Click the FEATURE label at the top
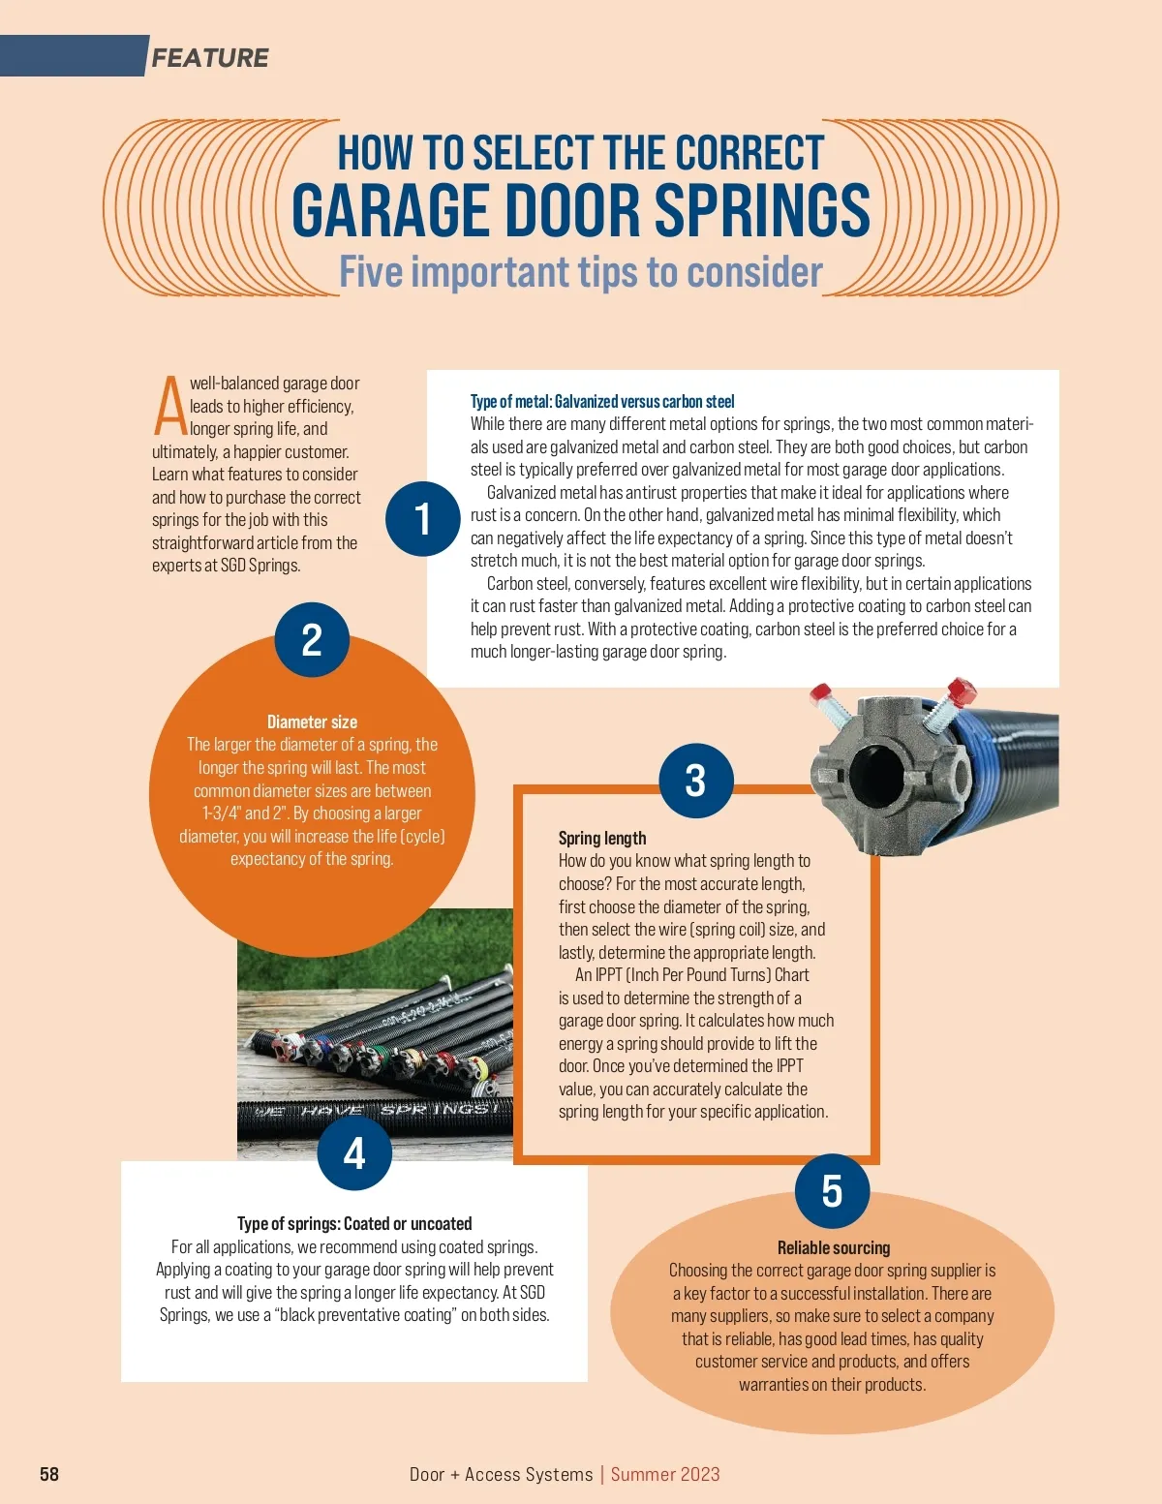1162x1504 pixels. [209, 58]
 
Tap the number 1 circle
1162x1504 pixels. [423, 519]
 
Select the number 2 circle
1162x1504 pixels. [312, 640]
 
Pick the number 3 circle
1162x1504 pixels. [695, 781]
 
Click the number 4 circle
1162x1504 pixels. [354, 1152]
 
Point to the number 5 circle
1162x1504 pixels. [832, 1191]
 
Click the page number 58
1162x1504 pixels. [49, 1474]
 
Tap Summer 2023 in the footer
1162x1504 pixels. [665, 1474]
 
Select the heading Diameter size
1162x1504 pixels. [312, 721]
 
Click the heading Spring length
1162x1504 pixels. [602, 838]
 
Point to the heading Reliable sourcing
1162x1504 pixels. [833, 1247]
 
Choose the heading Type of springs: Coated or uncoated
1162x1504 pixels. [354, 1223]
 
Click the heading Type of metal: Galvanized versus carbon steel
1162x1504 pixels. [602, 401]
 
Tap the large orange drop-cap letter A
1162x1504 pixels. [169, 407]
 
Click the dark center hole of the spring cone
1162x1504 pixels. [876, 774]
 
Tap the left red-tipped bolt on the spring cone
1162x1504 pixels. [829, 703]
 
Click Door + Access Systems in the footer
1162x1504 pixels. [501, 1474]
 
